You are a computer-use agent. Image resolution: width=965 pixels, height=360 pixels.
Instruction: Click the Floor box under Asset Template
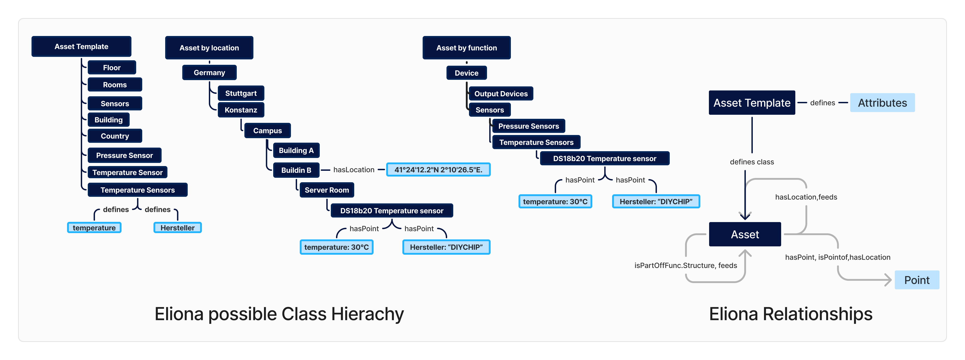click(x=112, y=68)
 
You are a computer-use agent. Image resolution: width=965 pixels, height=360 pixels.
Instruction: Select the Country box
click(x=115, y=136)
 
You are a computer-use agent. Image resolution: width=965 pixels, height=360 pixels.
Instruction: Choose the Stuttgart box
click(x=241, y=93)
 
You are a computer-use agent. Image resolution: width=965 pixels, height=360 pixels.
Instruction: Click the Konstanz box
click(x=241, y=110)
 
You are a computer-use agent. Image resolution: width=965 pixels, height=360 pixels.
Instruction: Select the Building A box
click(x=296, y=150)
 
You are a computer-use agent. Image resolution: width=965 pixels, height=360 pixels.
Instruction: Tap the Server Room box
click(x=327, y=190)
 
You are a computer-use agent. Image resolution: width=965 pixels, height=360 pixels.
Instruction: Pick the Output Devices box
click(x=501, y=94)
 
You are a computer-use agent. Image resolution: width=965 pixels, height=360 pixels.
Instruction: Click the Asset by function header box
click(x=466, y=48)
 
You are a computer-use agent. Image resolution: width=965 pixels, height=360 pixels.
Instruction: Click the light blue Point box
click(x=917, y=280)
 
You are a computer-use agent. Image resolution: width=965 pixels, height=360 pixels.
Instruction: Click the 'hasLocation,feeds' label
click(x=806, y=197)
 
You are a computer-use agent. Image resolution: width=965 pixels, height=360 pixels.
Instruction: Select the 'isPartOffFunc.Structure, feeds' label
click(x=685, y=265)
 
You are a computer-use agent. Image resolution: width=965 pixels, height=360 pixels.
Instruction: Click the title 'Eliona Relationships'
click(x=790, y=314)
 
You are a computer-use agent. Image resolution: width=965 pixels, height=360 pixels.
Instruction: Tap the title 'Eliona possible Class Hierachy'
click(x=279, y=314)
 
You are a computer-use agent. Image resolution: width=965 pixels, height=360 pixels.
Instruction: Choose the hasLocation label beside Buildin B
click(x=354, y=170)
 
